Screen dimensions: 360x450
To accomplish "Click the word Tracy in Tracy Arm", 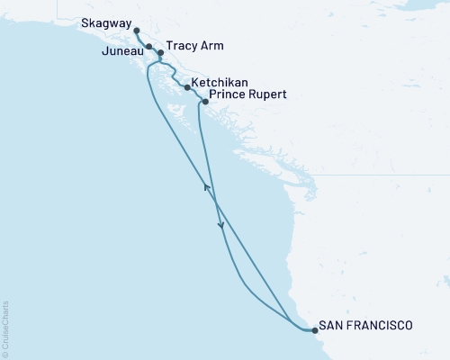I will [x=182, y=45].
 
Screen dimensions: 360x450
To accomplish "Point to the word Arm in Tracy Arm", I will [x=212, y=45].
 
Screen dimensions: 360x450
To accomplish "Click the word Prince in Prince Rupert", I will [x=225, y=94].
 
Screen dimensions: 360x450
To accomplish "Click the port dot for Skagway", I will [x=136, y=31].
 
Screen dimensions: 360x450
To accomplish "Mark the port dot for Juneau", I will [x=148, y=45].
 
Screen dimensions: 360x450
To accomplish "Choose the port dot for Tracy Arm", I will [x=160, y=53].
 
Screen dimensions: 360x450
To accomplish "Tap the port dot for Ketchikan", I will [x=186, y=88].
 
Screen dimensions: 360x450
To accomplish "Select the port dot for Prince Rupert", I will [x=205, y=102].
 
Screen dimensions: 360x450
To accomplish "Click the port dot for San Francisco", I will [x=314, y=330].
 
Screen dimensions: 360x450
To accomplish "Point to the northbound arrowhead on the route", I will [x=206, y=186].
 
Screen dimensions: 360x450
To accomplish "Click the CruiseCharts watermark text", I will [x=4, y=326].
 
